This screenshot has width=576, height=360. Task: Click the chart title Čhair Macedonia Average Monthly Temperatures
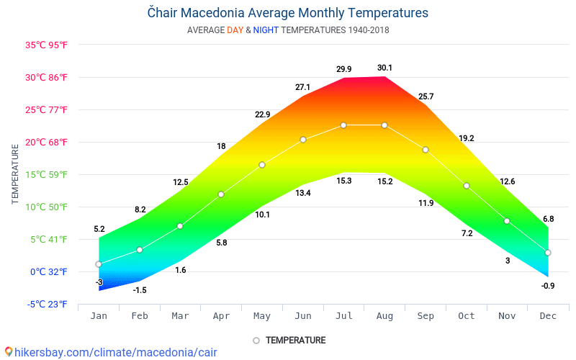pyautogui.click(x=288, y=13)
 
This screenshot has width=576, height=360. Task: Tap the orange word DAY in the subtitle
pyautogui.click(x=235, y=30)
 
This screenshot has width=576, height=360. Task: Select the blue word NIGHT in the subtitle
pyautogui.click(x=266, y=30)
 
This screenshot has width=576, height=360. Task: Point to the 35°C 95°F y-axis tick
pyautogui.click(x=47, y=45)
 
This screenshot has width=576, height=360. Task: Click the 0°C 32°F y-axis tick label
pyautogui.click(x=49, y=271)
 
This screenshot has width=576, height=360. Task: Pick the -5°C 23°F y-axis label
pyautogui.click(x=48, y=304)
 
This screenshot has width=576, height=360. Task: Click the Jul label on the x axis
pyautogui.click(x=344, y=316)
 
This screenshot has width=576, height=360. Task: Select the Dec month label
pyautogui.click(x=548, y=316)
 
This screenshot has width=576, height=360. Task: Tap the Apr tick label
pyautogui.click(x=221, y=316)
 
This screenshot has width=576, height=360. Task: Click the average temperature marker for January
pyautogui.click(x=99, y=264)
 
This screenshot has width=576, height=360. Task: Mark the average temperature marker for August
pyautogui.click(x=384, y=125)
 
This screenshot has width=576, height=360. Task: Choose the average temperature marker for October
pyautogui.click(x=467, y=186)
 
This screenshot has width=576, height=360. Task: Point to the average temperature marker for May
pyautogui.click(x=262, y=165)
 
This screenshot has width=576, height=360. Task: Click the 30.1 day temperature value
pyautogui.click(x=384, y=68)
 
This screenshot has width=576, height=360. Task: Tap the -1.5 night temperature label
pyautogui.click(x=140, y=289)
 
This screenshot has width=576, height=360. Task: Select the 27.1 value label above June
pyautogui.click(x=302, y=87)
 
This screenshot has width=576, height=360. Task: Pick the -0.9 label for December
pyautogui.click(x=548, y=286)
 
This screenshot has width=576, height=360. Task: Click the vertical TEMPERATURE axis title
pyautogui.click(x=15, y=174)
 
